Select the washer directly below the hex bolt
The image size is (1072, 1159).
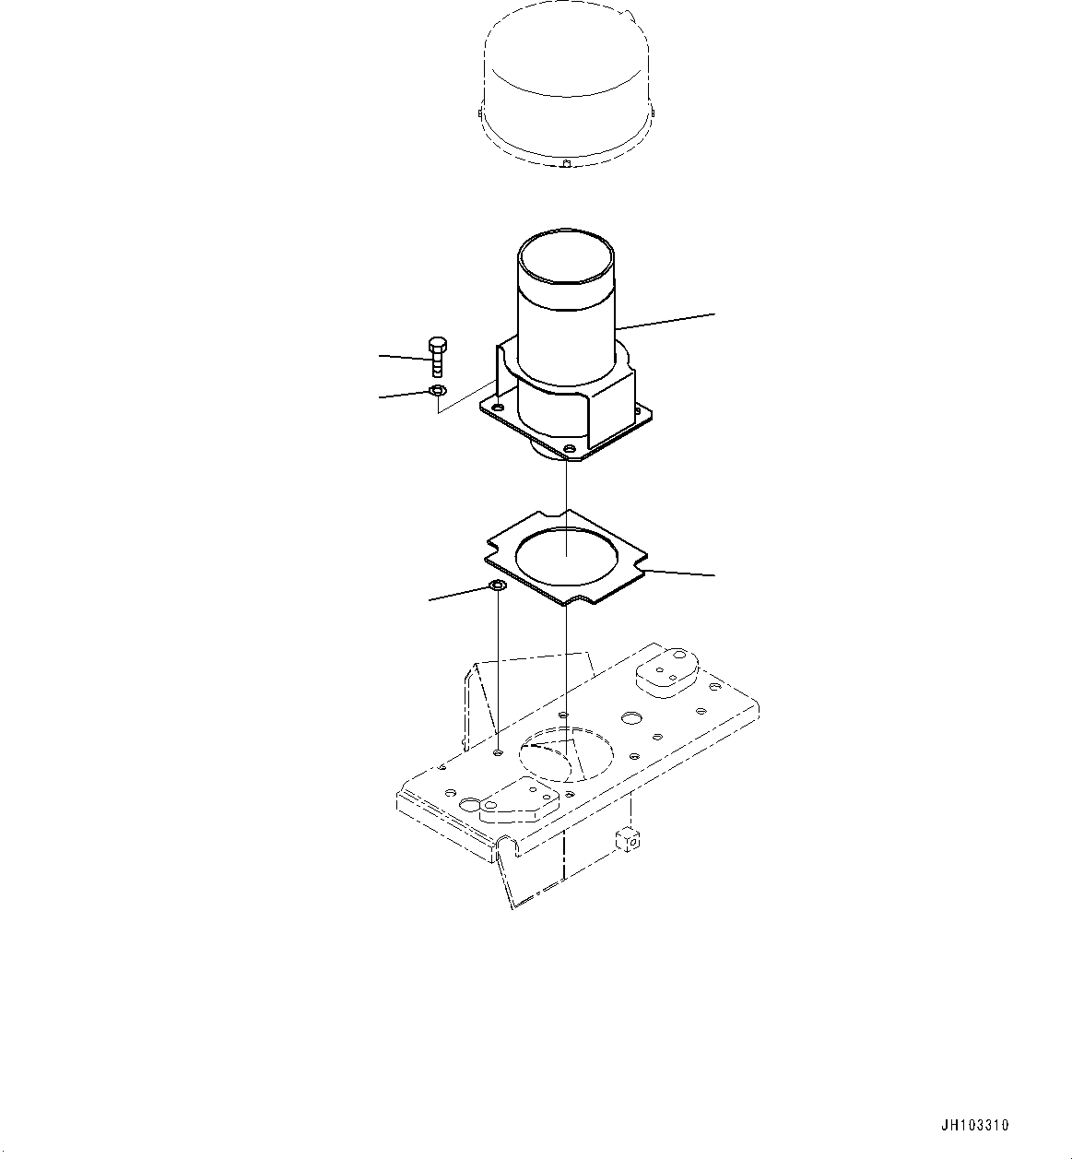pos(438,393)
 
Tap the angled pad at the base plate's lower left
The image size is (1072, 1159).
pos(515,798)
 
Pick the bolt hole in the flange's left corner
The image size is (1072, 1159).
pos(498,407)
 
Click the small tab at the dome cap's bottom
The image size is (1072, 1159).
pos(566,164)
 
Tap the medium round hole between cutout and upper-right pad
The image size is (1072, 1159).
pos(632,716)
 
